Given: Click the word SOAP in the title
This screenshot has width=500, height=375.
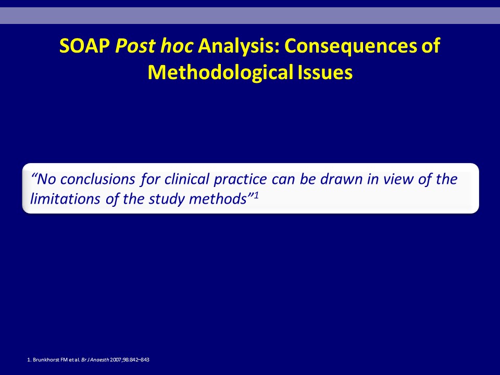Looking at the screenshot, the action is tap(84, 46).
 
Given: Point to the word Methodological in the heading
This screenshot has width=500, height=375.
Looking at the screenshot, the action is tap(220, 72).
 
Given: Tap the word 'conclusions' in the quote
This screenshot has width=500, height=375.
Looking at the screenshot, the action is tap(98, 179).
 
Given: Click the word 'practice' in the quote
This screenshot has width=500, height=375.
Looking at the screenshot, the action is tap(240, 180).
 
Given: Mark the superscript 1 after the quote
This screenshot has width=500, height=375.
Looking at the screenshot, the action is tap(256, 195).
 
